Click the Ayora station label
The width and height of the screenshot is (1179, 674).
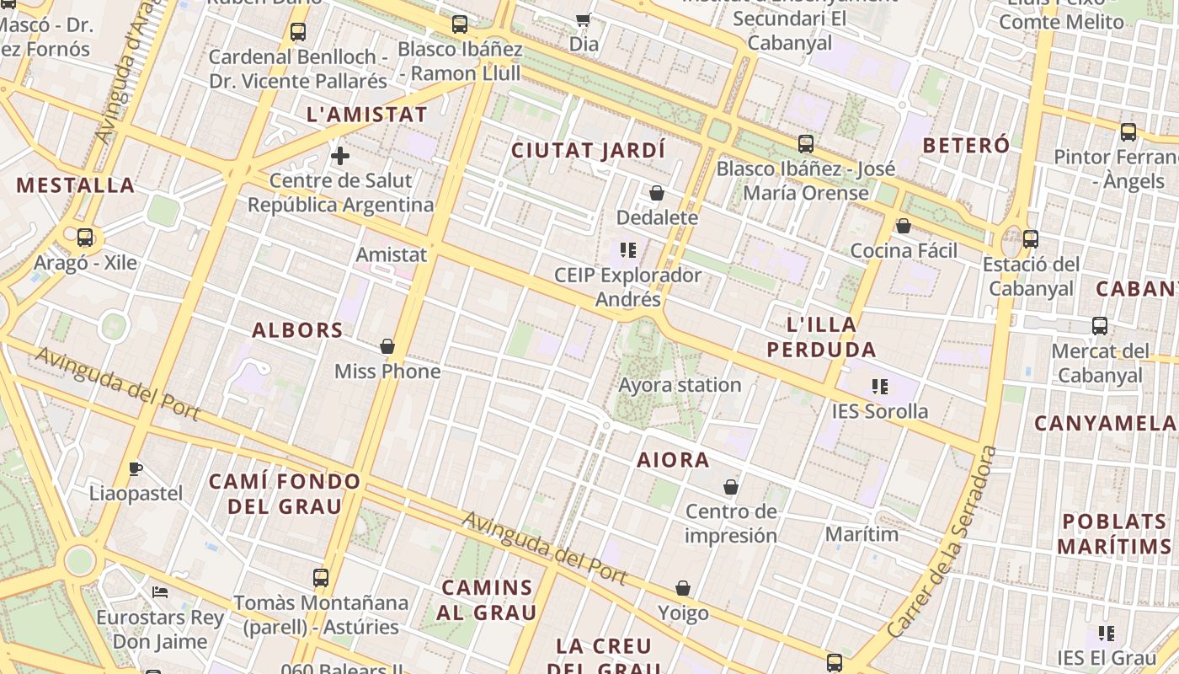pyautogui.click(x=680, y=385)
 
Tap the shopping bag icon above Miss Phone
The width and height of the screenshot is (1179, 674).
pyautogui.click(x=387, y=346)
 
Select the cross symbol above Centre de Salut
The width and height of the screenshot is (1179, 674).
pyautogui.click(x=340, y=156)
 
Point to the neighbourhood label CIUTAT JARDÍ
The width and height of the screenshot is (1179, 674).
pyautogui.click(x=589, y=151)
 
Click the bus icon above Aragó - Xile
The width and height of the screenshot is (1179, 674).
pyautogui.click(x=85, y=238)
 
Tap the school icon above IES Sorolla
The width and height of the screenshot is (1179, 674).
pyautogui.click(x=880, y=387)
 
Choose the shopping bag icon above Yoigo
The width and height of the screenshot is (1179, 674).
pyautogui.click(x=683, y=588)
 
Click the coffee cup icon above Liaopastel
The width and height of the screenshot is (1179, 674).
pyautogui.click(x=136, y=468)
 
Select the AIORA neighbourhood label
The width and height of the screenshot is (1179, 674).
pyautogui.click(x=673, y=460)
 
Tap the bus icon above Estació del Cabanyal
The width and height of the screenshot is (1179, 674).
pyautogui.click(x=1031, y=239)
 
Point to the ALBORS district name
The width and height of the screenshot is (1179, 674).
pyautogui.click(x=297, y=330)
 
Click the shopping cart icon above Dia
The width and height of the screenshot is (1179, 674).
pyautogui.click(x=583, y=19)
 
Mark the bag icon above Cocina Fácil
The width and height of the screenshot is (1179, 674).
pyautogui.click(x=904, y=226)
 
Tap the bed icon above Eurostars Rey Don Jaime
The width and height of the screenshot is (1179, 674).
pyautogui.click(x=160, y=592)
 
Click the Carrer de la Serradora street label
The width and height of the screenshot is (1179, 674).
pyautogui.click(x=942, y=542)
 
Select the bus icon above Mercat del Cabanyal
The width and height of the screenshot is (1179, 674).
pyautogui.click(x=1099, y=326)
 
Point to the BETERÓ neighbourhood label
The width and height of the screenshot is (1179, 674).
pyautogui.click(x=966, y=145)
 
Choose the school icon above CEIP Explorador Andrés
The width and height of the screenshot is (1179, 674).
pyautogui.click(x=627, y=250)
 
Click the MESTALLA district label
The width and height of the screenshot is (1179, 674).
pyautogui.click(x=76, y=185)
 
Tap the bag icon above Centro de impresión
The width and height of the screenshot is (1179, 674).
pyautogui.click(x=731, y=487)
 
